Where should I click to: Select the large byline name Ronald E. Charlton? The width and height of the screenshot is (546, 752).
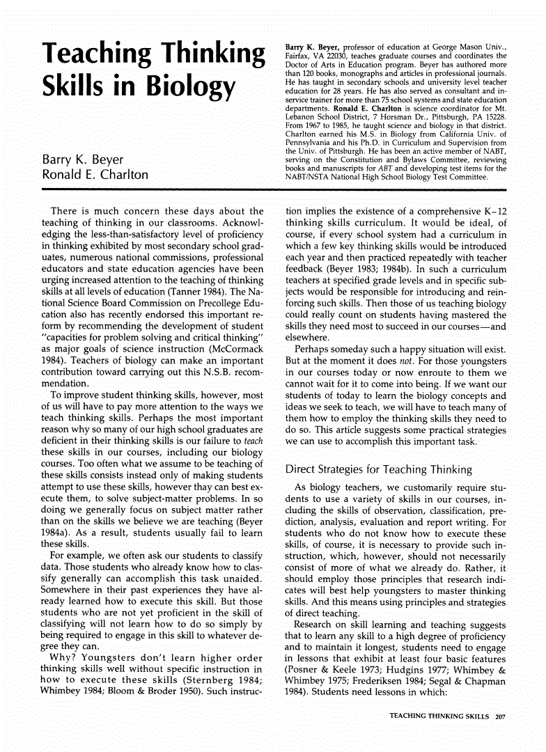pos(95,175)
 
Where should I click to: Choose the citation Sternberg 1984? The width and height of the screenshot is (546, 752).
pos(224,680)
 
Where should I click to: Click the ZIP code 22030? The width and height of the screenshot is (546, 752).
pos(335,56)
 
